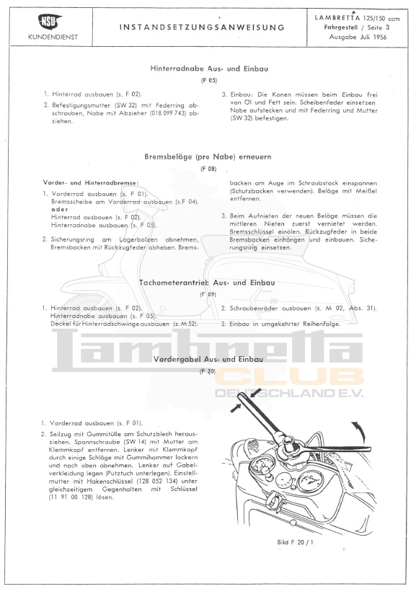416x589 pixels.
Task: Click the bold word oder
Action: (59, 210)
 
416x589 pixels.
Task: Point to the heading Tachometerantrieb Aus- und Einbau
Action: (208, 283)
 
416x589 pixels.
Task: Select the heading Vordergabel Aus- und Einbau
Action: (208, 358)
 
